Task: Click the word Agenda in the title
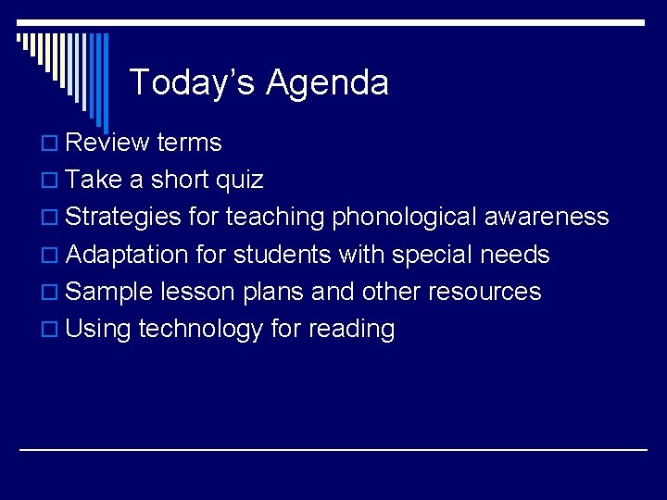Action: click(327, 83)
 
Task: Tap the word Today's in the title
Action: click(193, 82)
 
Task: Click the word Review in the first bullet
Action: click(107, 143)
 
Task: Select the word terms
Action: click(189, 143)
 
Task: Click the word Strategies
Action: click(124, 218)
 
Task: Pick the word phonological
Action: click(403, 218)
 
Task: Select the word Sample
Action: click(110, 292)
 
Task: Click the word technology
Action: click(201, 329)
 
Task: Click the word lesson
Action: click(197, 292)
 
